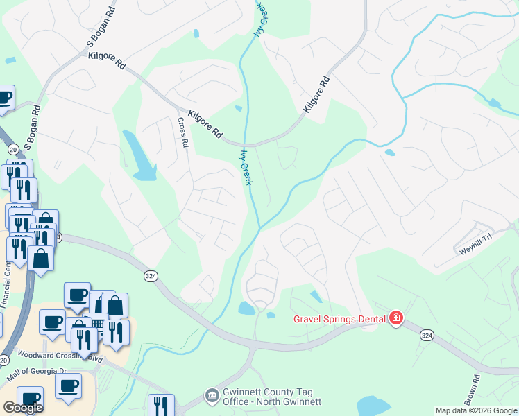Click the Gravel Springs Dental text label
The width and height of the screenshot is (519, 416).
(x=338, y=318)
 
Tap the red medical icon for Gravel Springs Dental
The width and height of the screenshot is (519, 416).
(x=396, y=318)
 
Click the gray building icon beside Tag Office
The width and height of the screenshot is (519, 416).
(x=211, y=396)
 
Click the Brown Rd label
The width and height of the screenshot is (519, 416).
(x=473, y=390)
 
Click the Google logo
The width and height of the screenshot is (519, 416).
(x=23, y=407)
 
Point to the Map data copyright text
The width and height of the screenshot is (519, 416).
(x=476, y=410)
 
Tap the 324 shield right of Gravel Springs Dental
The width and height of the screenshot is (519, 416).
(x=427, y=335)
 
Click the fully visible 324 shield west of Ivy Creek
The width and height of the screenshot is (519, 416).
(x=150, y=276)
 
